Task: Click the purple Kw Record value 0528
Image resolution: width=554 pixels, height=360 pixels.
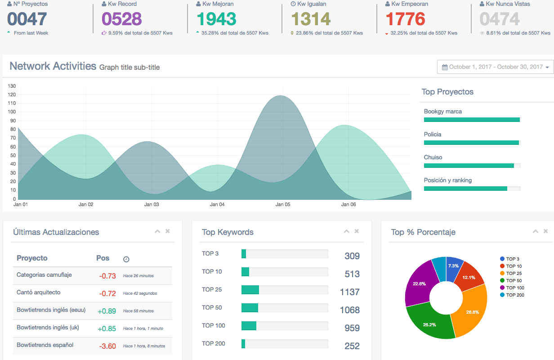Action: click(121, 19)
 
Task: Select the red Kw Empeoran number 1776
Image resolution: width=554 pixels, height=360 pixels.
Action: click(405, 19)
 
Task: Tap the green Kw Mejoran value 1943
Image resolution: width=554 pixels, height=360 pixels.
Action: click(216, 19)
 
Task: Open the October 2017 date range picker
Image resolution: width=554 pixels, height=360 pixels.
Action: click(495, 67)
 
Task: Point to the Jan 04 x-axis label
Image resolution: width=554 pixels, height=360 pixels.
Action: click(217, 204)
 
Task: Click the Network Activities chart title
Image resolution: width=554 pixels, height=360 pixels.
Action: click(53, 66)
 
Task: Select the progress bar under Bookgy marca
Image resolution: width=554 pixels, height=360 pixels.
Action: click(472, 120)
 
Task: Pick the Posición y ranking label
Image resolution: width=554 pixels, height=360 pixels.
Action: click(447, 180)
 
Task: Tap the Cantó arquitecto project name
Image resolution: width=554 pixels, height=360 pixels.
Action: click(38, 292)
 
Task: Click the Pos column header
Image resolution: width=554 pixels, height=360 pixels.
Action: click(103, 258)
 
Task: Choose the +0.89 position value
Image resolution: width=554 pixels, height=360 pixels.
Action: click(107, 311)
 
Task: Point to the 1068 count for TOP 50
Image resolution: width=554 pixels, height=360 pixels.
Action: click(349, 310)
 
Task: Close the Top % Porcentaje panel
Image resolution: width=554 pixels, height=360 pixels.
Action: click(545, 231)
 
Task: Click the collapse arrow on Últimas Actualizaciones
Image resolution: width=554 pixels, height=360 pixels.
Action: click(157, 231)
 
